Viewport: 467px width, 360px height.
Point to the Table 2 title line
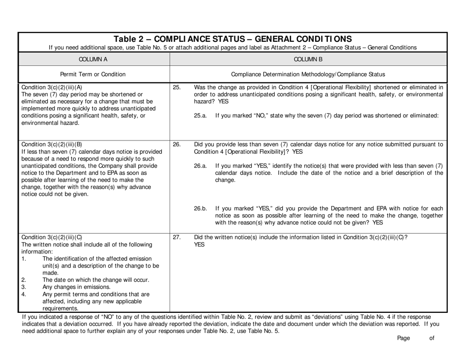(x=233, y=39)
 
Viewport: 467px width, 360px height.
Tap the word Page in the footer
(x=403, y=337)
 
